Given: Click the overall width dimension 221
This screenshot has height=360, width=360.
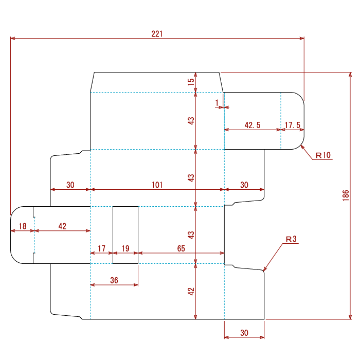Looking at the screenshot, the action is (x=157, y=34).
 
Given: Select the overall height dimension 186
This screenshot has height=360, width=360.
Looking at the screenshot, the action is (x=346, y=195).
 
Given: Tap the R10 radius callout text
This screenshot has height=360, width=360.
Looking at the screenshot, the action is (x=323, y=155).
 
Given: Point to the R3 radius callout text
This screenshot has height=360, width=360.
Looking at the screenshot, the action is (x=291, y=239).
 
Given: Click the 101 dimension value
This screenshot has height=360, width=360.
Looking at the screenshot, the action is (x=157, y=185).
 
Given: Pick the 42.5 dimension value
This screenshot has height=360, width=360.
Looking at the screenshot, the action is (x=253, y=125).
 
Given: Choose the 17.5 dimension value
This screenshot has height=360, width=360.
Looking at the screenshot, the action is (x=293, y=125).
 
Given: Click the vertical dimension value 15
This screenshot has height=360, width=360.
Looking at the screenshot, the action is (x=191, y=82).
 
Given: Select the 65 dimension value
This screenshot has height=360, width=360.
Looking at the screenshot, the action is (x=181, y=248).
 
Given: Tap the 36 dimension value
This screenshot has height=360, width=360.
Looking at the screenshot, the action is (x=114, y=280).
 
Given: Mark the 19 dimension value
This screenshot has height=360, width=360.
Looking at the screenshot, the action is (x=125, y=248).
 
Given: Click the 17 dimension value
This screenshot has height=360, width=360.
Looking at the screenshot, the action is (x=101, y=248).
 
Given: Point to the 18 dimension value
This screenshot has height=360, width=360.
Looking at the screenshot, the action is (x=23, y=226).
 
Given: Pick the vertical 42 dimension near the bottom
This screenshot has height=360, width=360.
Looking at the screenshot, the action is (x=191, y=292).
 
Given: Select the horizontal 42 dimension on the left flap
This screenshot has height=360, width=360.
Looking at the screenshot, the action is (x=62, y=226).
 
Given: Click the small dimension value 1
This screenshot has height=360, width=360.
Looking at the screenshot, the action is (x=217, y=103).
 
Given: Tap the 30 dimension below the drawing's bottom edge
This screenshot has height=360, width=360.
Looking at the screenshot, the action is (x=244, y=333).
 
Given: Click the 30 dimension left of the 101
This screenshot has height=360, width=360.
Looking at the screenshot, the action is (x=70, y=185).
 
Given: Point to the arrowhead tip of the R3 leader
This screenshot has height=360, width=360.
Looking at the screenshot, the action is (x=263, y=271).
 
